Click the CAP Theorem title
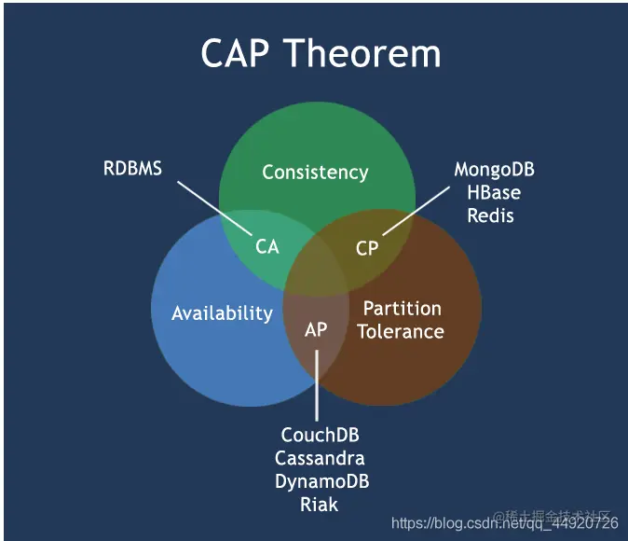[321, 53]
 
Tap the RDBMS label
[131, 169]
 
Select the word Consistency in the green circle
[315, 173]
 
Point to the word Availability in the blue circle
[222, 313]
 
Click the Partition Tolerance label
[401, 320]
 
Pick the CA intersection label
[267, 247]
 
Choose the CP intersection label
[367, 248]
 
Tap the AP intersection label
[316, 329]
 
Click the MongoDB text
[494, 170]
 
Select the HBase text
[493, 193]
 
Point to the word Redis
[492, 215]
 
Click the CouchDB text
[320, 436]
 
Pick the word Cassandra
[320, 459]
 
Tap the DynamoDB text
[321, 481]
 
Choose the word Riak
[319, 505]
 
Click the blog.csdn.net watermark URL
[504, 523]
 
